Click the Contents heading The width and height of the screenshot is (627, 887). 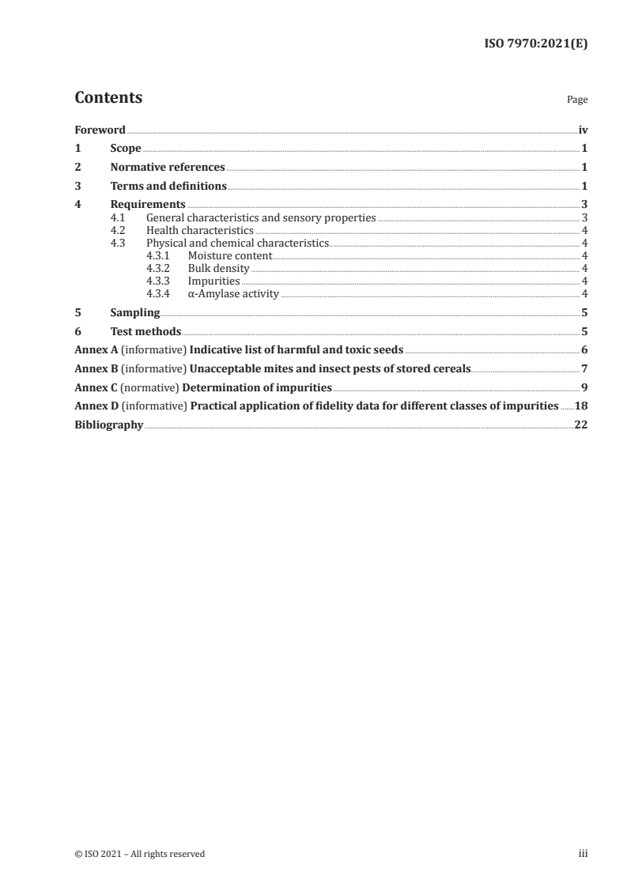(x=108, y=98)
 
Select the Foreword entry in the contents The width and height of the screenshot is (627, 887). (x=100, y=130)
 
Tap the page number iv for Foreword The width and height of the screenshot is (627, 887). (x=583, y=130)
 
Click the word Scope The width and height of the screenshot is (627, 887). (x=126, y=149)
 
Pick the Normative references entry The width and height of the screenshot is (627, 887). (x=168, y=168)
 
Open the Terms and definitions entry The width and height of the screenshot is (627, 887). (x=168, y=187)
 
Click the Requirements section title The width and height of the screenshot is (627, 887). (x=148, y=206)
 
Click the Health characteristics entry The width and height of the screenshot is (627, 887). (x=200, y=230)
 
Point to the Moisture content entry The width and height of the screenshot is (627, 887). (x=230, y=256)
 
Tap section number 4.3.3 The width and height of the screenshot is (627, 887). (x=159, y=281)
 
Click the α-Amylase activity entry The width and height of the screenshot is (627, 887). (x=233, y=294)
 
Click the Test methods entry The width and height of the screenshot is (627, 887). (x=145, y=332)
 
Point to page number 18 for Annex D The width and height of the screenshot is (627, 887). (x=581, y=406)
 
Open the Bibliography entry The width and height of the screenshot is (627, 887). (x=108, y=425)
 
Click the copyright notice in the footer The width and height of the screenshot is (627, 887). (x=139, y=854)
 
